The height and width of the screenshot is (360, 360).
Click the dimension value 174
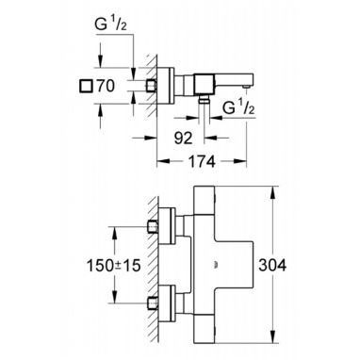(202, 162)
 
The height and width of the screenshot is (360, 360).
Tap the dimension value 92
(183, 138)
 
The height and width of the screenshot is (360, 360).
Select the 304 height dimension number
(272, 266)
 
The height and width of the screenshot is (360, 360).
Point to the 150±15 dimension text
(113, 266)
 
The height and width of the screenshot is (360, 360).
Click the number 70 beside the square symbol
(106, 86)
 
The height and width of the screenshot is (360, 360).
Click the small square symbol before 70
(86, 86)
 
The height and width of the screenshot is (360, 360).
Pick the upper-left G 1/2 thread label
(110, 25)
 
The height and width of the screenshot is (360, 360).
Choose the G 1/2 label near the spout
(238, 108)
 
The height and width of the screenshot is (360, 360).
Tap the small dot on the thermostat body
(216, 265)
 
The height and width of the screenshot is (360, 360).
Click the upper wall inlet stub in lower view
(153, 226)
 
